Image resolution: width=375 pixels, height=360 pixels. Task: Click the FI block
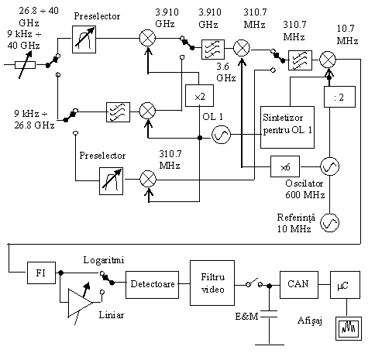(x=41, y=273)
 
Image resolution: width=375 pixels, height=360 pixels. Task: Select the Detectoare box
(x=152, y=285)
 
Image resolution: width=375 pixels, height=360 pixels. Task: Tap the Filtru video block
(x=212, y=283)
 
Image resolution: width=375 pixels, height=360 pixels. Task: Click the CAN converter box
(x=299, y=285)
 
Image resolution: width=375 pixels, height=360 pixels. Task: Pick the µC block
(x=345, y=285)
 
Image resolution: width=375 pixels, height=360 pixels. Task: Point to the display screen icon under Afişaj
(x=349, y=328)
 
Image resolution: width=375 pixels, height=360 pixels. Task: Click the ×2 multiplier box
(x=199, y=95)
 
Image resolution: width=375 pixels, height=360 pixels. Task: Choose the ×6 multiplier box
(x=285, y=166)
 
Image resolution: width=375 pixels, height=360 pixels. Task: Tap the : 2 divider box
(x=339, y=97)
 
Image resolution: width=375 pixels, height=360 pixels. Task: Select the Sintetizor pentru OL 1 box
(x=287, y=127)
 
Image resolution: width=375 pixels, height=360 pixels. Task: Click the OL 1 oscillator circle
(x=221, y=135)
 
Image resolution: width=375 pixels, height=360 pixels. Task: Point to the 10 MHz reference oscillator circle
(x=329, y=223)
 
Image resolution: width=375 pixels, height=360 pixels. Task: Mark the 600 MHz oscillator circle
(x=329, y=166)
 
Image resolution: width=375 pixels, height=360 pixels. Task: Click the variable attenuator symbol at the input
(x=26, y=65)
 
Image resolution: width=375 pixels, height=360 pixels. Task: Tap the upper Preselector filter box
(x=84, y=39)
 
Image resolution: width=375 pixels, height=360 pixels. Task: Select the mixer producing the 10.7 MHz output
(x=328, y=60)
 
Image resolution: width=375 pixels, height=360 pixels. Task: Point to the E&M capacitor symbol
(x=269, y=314)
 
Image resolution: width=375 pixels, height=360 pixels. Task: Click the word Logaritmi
(x=104, y=260)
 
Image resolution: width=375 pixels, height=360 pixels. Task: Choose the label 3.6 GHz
(x=226, y=72)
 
